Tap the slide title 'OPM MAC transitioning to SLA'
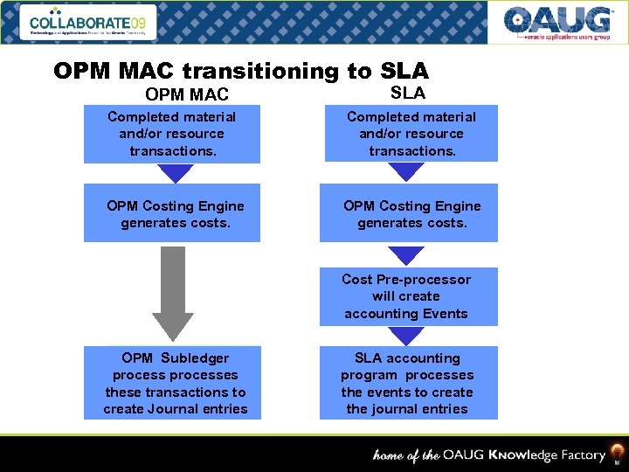[x=240, y=71]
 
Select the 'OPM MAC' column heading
[x=187, y=94]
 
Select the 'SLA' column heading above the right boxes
[x=407, y=92]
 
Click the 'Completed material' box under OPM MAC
[x=171, y=134]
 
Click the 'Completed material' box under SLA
[x=411, y=134]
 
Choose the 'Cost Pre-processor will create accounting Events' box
[x=407, y=296]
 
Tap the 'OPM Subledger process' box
[x=175, y=383]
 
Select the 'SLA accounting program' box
[x=407, y=383]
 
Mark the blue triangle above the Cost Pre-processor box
[x=406, y=255]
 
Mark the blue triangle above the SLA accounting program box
[x=406, y=336]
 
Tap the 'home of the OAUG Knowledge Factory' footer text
[x=489, y=455]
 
